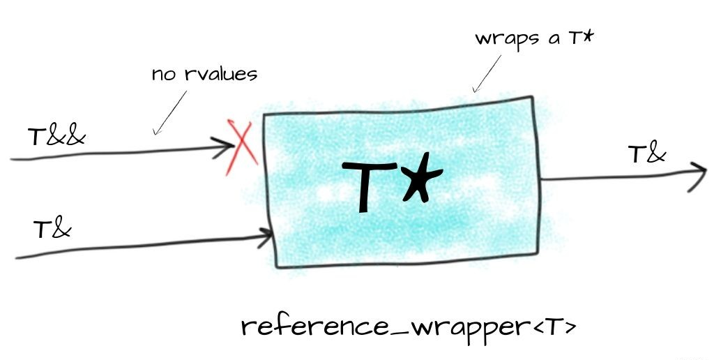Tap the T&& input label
[57, 136]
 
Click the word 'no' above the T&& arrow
[163, 73]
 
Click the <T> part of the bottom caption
[558, 328]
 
